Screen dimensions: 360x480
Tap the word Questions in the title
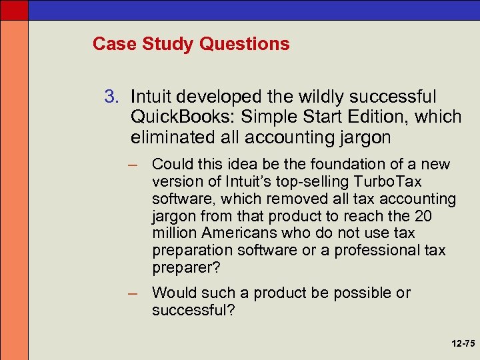(250, 45)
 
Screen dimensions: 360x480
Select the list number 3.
(110, 97)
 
